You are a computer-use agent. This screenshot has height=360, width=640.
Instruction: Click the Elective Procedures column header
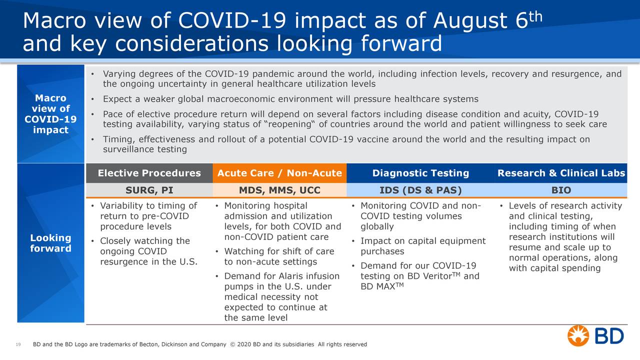[149, 173]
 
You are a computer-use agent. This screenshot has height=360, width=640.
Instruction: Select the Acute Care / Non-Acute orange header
[279, 173]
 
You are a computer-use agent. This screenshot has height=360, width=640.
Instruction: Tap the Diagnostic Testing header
[420, 173]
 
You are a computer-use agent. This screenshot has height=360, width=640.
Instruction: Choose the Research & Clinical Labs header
[561, 173]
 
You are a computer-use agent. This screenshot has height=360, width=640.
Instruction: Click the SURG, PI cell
[149, 190]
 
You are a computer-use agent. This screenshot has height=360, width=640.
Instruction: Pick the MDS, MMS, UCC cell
[279, 190]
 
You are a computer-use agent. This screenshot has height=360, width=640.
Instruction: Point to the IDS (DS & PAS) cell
[420, 190]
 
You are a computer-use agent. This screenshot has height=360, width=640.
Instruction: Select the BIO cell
[561, 190]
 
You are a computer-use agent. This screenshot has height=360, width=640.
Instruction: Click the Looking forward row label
[50, 243]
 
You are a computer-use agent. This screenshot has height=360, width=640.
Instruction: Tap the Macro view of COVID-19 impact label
[50, 114]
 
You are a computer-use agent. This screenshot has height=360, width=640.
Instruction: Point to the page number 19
[18, 344]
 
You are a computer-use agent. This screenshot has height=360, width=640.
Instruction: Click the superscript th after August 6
[536, 16]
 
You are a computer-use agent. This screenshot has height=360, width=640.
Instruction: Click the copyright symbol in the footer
[232, 344]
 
